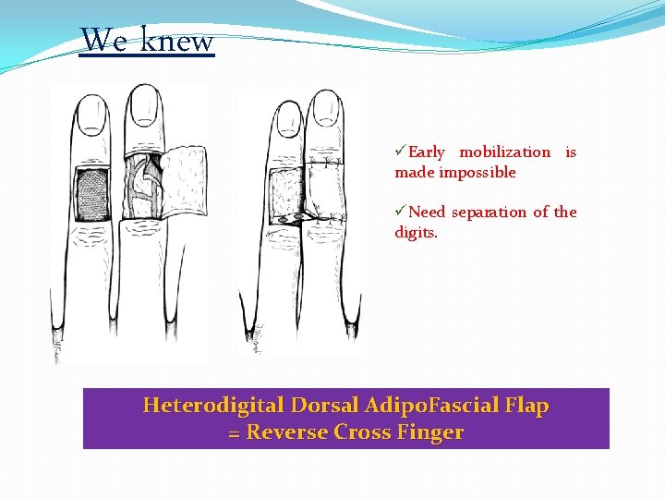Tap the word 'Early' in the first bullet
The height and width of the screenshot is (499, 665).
tap(426, 152)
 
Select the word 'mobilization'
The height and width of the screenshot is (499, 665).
tap(504, 152)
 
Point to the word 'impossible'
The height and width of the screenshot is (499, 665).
tap(478, 173)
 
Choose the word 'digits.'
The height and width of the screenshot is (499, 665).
tap(417, 232)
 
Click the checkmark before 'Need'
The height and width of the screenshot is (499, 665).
tap(401, 212)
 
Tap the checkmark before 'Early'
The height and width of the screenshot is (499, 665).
tap(401, 152)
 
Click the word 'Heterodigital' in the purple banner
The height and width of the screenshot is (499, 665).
tap(213, 406)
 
